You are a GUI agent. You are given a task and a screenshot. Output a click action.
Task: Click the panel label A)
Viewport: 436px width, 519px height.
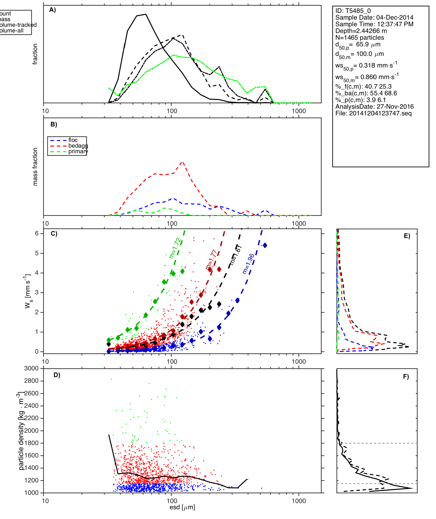[53, 10]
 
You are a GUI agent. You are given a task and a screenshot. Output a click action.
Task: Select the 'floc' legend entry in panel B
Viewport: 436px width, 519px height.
[73, 140]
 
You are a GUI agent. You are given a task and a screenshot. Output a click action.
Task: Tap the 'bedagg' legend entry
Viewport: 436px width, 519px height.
[78, 146]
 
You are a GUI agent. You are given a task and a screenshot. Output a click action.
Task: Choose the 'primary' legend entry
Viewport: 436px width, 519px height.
[78, 151]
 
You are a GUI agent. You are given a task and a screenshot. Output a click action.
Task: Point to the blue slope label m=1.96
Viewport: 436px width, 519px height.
[248, 264]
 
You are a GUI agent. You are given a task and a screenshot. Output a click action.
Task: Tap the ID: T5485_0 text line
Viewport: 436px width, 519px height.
[353, 11]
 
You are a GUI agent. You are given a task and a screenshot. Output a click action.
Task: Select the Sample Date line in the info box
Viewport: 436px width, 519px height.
[374, 18]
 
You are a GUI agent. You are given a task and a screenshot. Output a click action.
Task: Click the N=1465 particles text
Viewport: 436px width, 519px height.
[360, 38]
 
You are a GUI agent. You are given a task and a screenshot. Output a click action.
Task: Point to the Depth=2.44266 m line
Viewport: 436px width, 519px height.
[361, 31]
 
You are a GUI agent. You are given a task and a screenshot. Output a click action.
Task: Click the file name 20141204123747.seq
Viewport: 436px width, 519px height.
[373, 113]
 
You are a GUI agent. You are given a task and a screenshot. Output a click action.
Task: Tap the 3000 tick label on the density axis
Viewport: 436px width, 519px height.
[31, 368]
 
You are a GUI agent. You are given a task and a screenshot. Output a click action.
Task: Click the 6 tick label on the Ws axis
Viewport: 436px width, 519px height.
[37, 233]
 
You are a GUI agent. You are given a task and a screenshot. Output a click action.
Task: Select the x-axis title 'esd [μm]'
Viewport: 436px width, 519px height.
[182, 507]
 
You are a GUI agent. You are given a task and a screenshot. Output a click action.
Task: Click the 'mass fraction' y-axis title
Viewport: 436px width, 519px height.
[35, 167]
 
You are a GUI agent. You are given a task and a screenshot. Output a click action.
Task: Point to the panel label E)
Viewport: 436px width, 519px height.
[407, 236]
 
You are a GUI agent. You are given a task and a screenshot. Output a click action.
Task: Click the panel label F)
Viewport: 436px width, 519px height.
[406, 377]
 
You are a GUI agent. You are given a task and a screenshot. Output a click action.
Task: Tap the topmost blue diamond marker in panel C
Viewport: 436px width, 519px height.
[265, 245]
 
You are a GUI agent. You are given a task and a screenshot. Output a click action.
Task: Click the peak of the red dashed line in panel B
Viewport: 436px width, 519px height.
[182, 162]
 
